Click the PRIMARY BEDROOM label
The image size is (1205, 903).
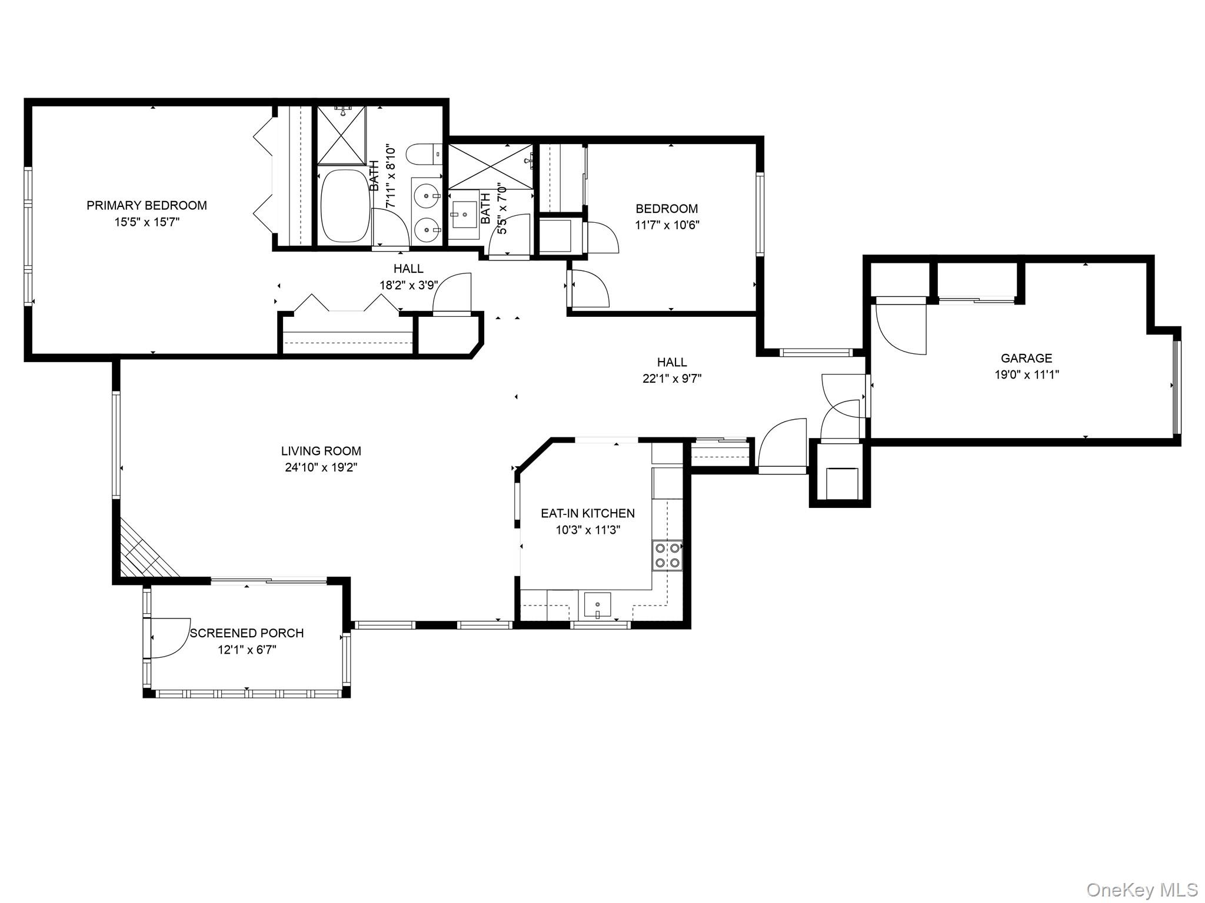147,205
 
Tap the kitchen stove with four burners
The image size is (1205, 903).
667,555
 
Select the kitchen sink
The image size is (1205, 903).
597,604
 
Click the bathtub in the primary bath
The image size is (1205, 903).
344,206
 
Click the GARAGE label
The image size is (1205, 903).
1026,358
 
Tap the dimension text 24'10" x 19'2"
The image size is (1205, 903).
320,467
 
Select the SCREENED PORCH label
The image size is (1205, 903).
247,633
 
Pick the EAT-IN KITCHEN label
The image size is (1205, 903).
587,513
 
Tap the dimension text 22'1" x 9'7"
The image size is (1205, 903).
671,379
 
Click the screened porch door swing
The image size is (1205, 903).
169,638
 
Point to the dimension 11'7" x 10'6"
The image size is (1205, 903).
667,225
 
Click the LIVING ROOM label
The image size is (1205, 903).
321,451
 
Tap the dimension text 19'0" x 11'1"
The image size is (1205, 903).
1026,374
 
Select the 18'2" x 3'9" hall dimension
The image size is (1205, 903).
408,285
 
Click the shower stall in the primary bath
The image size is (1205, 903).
341,135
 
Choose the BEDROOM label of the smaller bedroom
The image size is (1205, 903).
667,209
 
